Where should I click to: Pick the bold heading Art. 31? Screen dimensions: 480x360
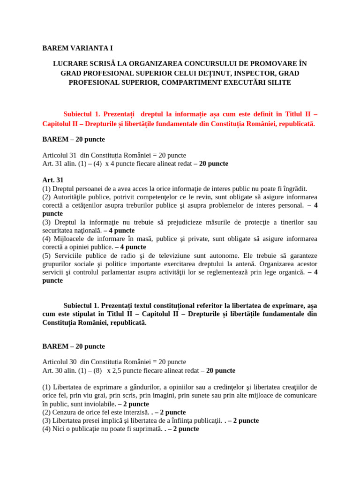point(53,180)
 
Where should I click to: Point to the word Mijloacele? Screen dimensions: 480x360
point(70,239)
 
